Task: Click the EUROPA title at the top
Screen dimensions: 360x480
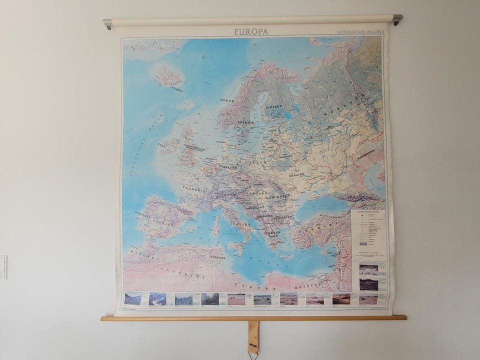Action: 251,31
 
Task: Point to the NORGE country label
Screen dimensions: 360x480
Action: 227,100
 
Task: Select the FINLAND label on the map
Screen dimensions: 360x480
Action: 274,106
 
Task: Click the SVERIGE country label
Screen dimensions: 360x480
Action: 246,122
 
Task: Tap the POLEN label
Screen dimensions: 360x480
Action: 258,162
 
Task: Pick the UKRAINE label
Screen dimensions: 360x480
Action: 296,175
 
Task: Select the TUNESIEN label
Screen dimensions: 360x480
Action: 218,257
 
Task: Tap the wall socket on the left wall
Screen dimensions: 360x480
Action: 3,266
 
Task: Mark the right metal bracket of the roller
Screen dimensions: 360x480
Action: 397,19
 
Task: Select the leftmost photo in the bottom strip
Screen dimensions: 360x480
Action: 132,298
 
